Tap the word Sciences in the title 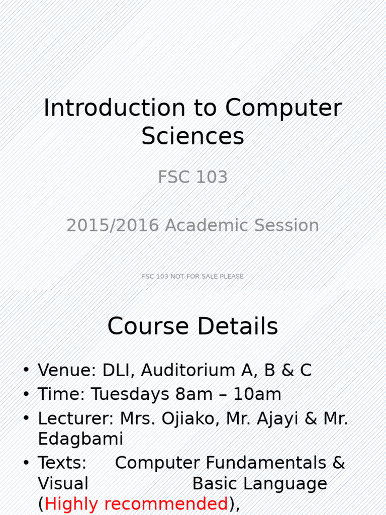[192, 136]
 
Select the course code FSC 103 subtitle [192, 178]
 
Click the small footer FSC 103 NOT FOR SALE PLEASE [192, 276]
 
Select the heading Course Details [192, 327]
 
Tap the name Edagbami [80, 439]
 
